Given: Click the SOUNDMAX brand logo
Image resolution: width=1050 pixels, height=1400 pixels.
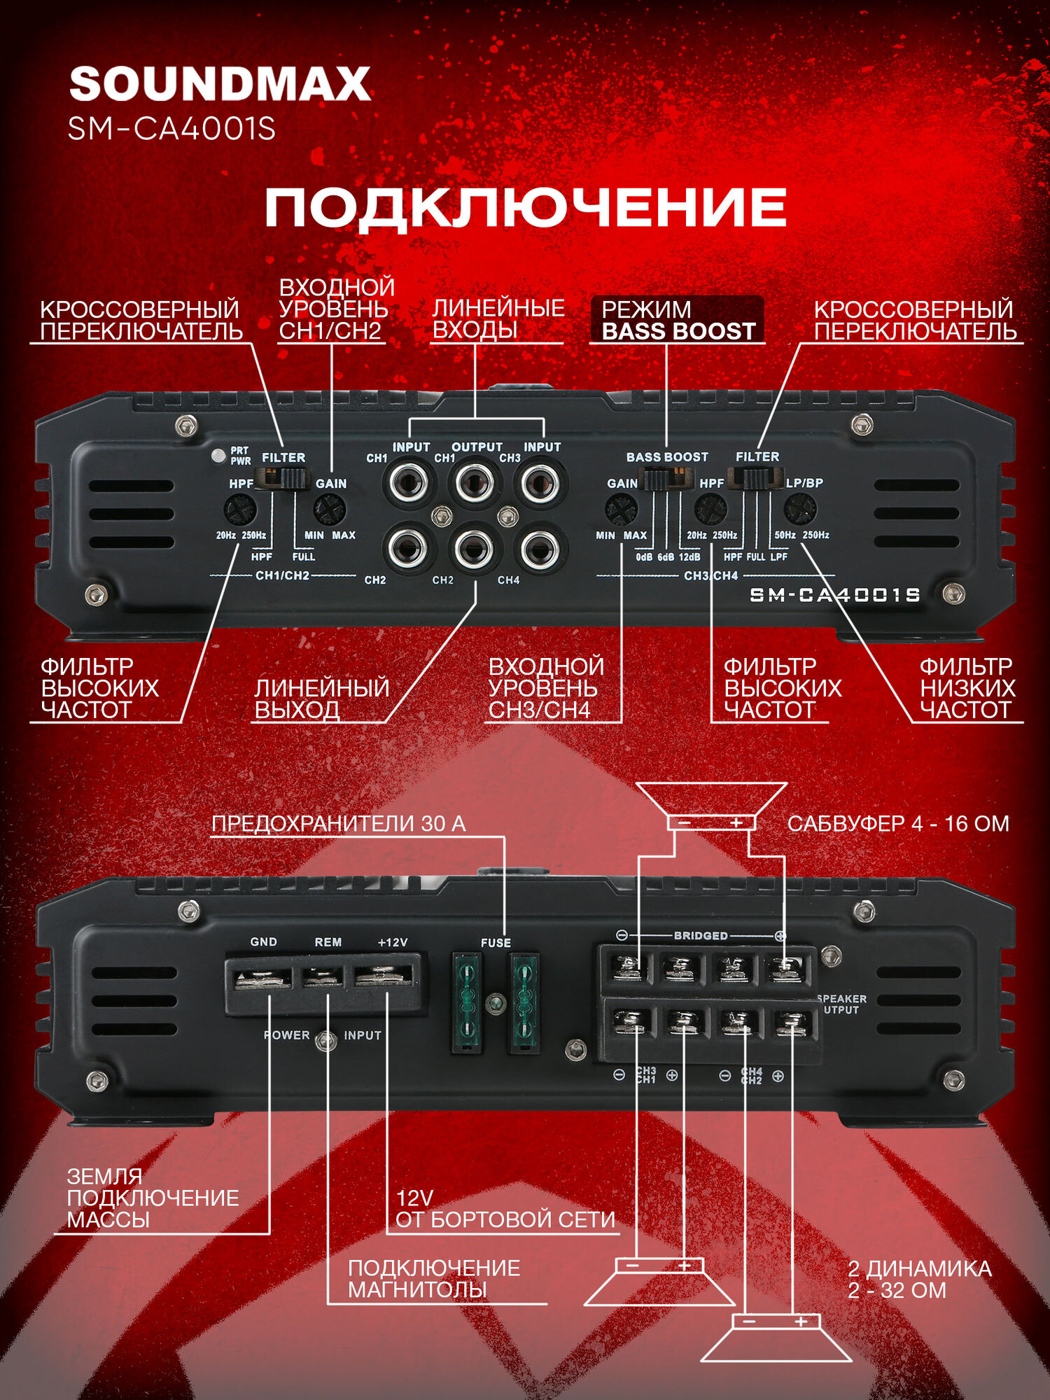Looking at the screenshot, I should (220, 84).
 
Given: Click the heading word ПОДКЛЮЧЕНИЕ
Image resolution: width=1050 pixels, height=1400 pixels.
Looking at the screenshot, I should (525, 207).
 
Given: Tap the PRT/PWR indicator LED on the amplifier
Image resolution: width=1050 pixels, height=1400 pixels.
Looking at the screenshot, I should (218, 454).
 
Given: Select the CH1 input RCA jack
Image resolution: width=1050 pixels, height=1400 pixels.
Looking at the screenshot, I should (409, 482).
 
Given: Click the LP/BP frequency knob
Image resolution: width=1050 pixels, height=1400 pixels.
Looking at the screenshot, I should (800, 509).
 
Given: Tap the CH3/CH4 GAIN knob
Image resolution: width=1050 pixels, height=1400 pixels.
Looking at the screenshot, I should (620, 509).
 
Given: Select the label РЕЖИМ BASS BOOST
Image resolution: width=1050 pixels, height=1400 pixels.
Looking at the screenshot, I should (678, 321).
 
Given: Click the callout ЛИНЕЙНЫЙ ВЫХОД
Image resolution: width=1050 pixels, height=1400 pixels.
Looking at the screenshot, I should (321, 699).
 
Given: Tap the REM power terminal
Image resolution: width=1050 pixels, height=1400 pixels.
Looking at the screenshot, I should (323, 976).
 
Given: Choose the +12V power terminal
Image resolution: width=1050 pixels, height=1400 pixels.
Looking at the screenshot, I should (385, 976).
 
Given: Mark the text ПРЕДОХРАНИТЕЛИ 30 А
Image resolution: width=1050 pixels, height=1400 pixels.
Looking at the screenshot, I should (339, 824).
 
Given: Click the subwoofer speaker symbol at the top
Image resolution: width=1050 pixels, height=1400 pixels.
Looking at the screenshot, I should (711, 806).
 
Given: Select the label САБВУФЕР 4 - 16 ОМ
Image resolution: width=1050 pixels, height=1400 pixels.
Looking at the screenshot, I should (898, 824).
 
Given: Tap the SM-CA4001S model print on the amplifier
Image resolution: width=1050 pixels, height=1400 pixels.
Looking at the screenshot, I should (834, 595).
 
